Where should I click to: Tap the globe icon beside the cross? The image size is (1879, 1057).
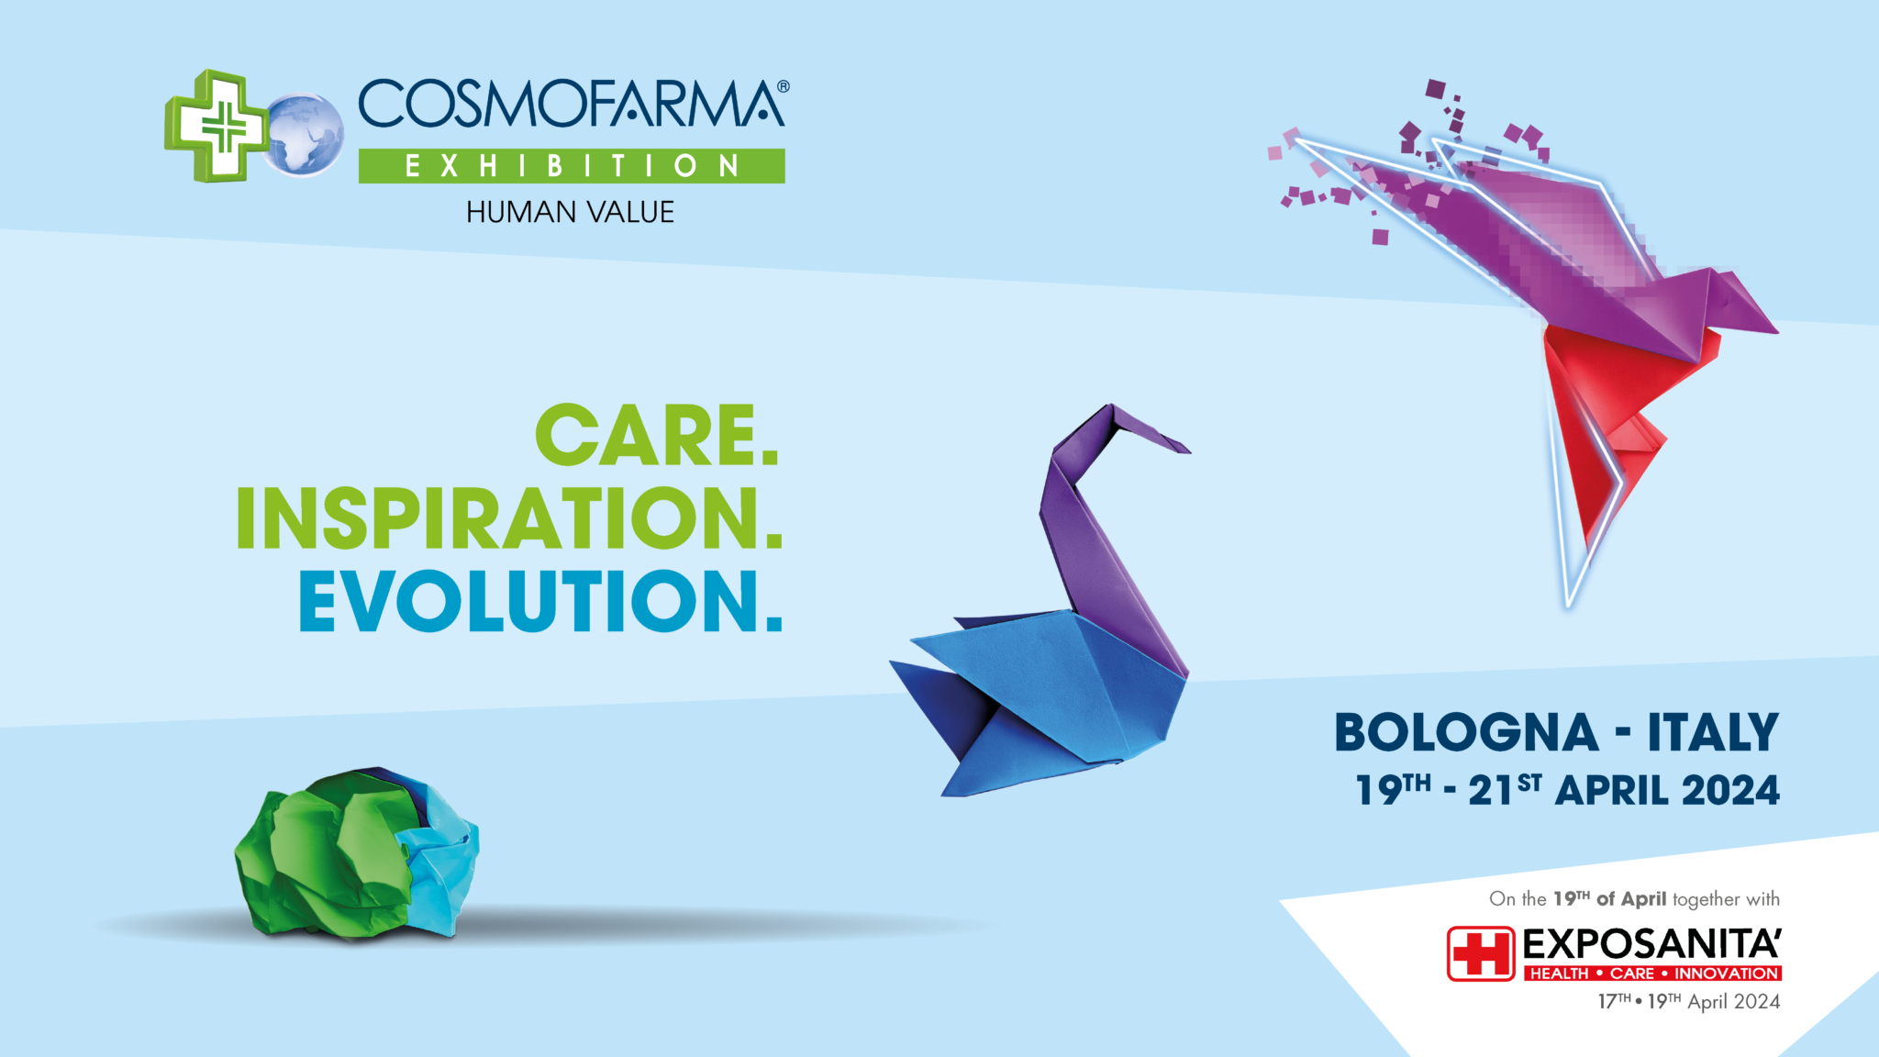tap(303, 135)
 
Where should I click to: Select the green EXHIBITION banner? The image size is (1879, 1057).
tap(571, 166)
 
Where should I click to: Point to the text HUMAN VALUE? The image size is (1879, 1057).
tap(570, 212)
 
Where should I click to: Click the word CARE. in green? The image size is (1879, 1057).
tap(656, 436)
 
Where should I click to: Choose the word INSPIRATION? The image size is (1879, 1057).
tap(509, 518)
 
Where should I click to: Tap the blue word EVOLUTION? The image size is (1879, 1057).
tap(540, 602)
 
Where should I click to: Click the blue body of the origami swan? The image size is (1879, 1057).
tap(1055, 697)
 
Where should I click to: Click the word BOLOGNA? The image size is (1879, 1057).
tap(1466, 733)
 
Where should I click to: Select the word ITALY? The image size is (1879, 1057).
tap(1713, 733)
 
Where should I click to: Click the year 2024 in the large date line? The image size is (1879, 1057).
tap(1730, 791)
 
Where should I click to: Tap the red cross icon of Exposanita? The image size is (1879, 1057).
tap(1480, 953)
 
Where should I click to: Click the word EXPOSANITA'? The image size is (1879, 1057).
tap(1651, 944)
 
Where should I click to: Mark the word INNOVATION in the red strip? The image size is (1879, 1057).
tap(1726, 974)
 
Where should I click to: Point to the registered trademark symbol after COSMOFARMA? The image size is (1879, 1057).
tap(783, 86)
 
